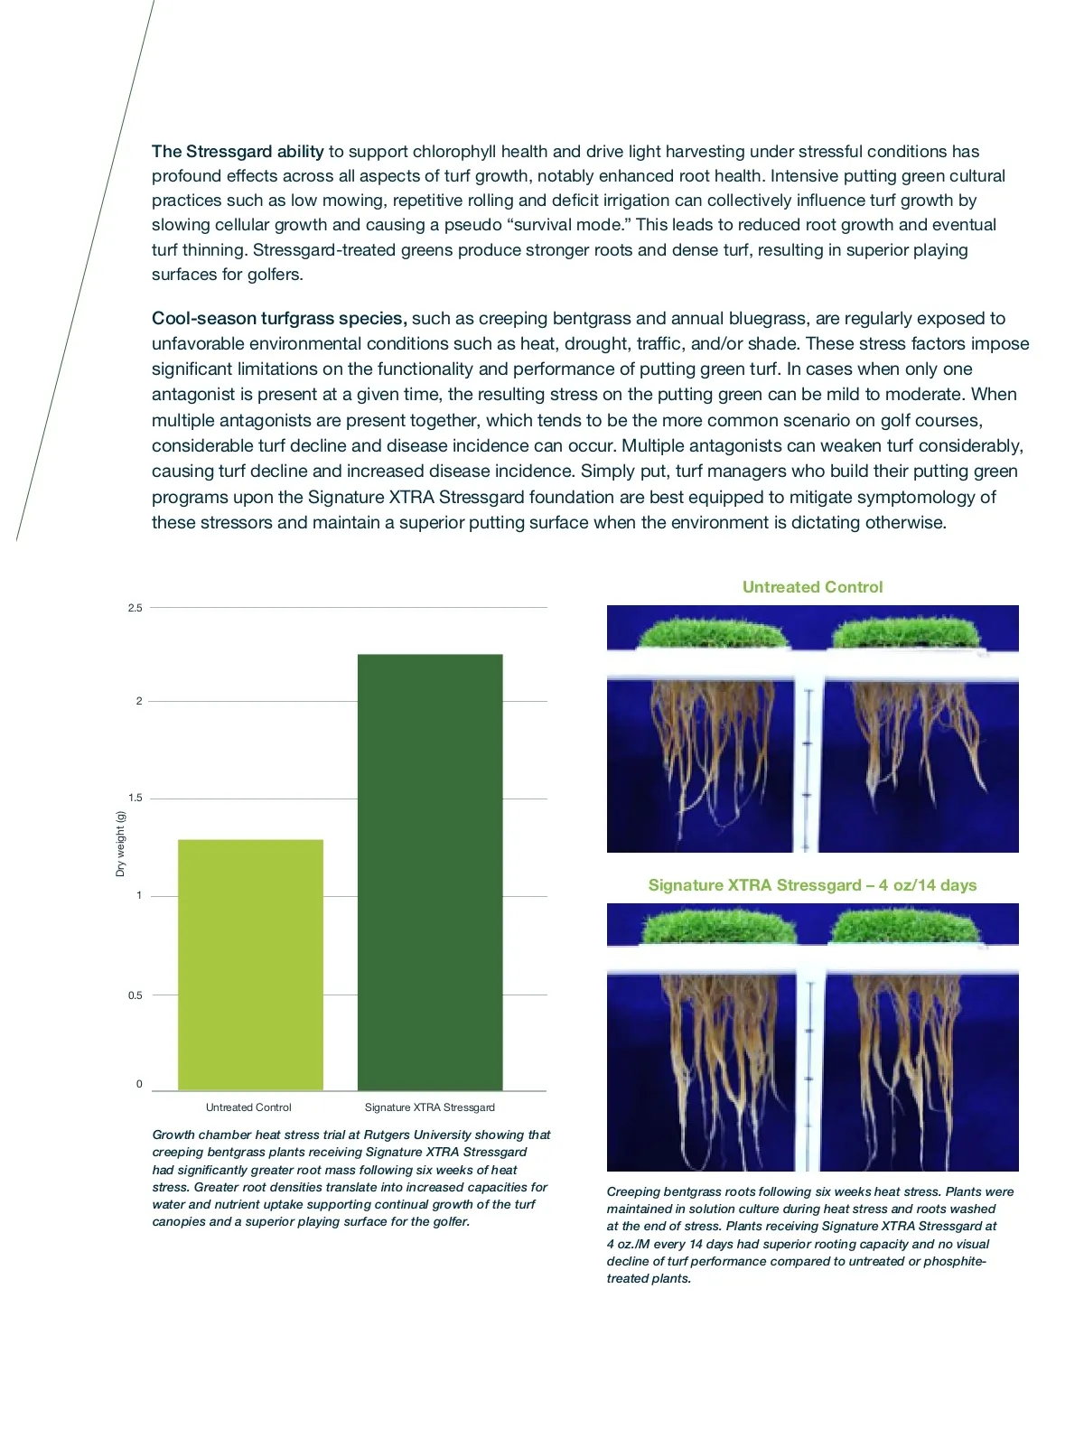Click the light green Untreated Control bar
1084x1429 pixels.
(250, 965)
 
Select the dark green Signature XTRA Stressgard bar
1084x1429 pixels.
(430, 872)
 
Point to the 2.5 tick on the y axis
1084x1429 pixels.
(135, 608)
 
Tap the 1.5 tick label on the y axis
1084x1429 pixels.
(135, 799)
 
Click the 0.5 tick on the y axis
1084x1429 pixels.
(135, 995)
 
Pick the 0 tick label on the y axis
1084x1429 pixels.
(139, 1084)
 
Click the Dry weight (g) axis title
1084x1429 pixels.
(120, 844)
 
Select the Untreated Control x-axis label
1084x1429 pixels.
(248, 1107)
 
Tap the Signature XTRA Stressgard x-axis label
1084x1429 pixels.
(430, 1107)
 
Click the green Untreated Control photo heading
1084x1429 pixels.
(812, 587)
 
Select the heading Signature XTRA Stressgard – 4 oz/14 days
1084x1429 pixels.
(812, 885)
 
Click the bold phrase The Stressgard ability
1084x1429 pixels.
(238, 152)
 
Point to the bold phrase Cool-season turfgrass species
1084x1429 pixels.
(279, 319)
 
